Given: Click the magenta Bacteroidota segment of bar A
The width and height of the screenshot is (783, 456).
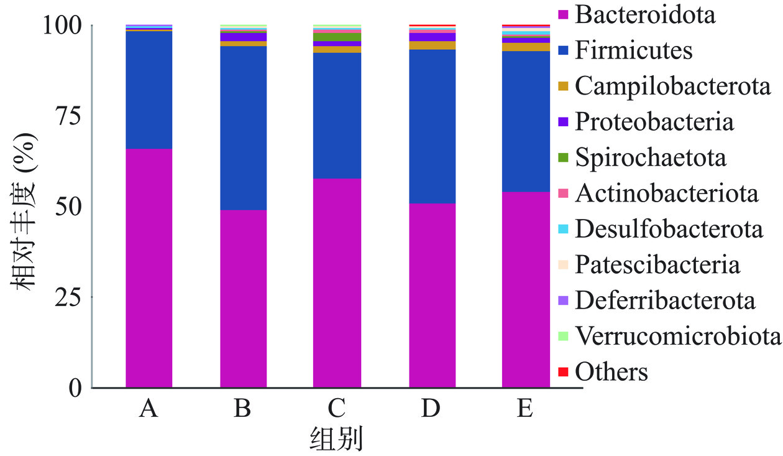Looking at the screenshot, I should pos(149,268).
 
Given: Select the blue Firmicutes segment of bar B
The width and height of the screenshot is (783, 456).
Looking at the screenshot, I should pos(243,128).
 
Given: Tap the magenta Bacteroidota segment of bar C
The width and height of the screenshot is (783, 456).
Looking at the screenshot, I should pos(337,283).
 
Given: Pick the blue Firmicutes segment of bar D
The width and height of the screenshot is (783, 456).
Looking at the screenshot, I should pos(432,126).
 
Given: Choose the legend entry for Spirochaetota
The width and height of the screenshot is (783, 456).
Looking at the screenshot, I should pos(650,157).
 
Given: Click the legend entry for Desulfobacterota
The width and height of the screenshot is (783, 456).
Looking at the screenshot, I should pos(669,229).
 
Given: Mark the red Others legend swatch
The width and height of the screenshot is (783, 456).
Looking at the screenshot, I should pos(564,372).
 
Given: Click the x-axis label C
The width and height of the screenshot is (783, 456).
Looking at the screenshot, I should pos(337,409).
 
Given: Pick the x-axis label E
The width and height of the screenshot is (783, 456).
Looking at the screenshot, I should pos(526,409).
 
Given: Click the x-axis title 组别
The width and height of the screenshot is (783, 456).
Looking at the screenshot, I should pos(336,439).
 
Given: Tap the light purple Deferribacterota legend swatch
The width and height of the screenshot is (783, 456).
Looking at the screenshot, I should pos(564,301).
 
